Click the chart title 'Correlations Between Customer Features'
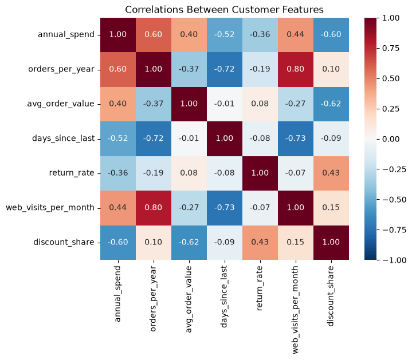click(x=224, y=10)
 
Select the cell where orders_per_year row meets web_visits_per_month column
click(x=296, y=69)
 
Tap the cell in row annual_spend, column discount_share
click(x=331, y=35)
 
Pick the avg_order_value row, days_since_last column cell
click(x=225, y=104)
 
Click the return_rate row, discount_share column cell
click(x=331, y=173)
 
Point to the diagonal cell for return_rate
click(x=260, y=173)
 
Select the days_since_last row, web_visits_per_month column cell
click(x=296, y=139)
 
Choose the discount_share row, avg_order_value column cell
click(x=189, y=243)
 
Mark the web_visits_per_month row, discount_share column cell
click(x=331, y=208)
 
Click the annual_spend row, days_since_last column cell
click(x=225, y=35)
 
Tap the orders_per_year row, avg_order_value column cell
click(x=189, y=69)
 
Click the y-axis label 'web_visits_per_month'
click(x=50, y=208)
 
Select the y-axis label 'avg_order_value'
click(x=60, y=104)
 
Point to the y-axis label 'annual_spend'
click(x=66, y=35)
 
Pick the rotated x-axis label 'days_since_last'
click(x=224, y=296)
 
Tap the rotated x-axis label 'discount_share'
click(x=331, y=296)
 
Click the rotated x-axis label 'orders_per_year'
click(x=153, y=299)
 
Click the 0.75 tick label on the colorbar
click(x=390, y=48)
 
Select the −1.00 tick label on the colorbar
click(x=393, y=260)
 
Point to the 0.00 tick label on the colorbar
click(x=390, y=139)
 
